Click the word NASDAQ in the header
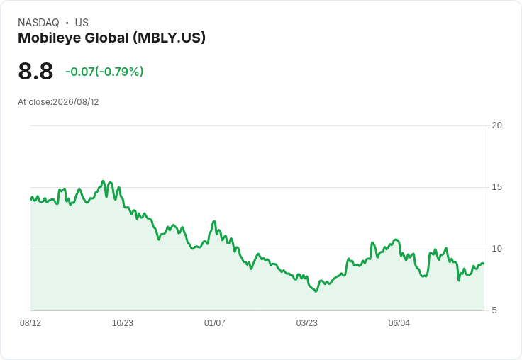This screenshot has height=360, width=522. coord(38,23)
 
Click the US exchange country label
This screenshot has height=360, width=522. coord(82,23)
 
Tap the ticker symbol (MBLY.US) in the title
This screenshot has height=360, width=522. coord(169,38)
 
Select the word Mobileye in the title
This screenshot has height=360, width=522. coord(49,38)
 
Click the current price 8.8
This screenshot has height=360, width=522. coord(35,71)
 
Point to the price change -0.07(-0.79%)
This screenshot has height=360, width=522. coord(104,72)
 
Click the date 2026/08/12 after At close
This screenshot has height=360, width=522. coord(76,102)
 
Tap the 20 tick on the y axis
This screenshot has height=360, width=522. coord(496,125)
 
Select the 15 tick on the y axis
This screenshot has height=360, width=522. coord(496,187)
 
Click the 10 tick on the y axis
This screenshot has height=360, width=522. coord(496,249)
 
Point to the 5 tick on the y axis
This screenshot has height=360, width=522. coord(494,310)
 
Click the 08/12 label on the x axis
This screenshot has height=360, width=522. coord(30,323)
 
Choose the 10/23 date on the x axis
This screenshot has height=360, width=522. coord(123,323)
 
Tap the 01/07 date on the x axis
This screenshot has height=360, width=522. coord(215,323)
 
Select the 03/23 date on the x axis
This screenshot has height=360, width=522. coord(307,323)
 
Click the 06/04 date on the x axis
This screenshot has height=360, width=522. coord(399,323)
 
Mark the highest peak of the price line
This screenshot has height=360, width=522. coord(103,181)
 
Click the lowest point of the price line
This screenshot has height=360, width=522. coord(316,291)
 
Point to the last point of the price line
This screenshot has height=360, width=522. coord(484,264)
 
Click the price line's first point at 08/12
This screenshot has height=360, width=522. coord(30,199)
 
